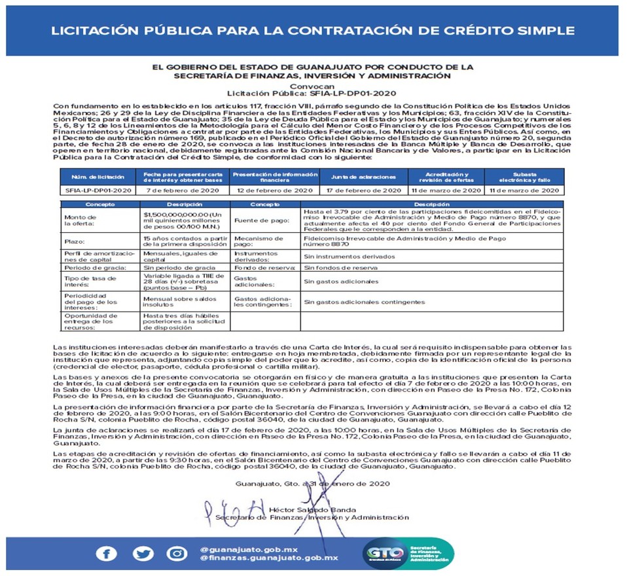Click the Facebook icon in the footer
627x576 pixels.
(106, 554)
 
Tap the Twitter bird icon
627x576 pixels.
(142, 554)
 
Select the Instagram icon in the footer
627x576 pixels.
(177, 554)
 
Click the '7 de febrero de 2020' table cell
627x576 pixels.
(181, 190)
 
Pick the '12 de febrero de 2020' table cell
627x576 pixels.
(275, 190)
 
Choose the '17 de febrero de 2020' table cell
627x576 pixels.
(364, 190)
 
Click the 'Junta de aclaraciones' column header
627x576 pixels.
(364, 177)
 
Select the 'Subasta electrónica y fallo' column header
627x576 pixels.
(524, 177)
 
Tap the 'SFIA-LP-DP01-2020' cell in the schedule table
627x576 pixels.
(98, 190)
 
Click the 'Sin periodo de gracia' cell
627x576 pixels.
(179, 268)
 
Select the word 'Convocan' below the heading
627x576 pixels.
(313, 86)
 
